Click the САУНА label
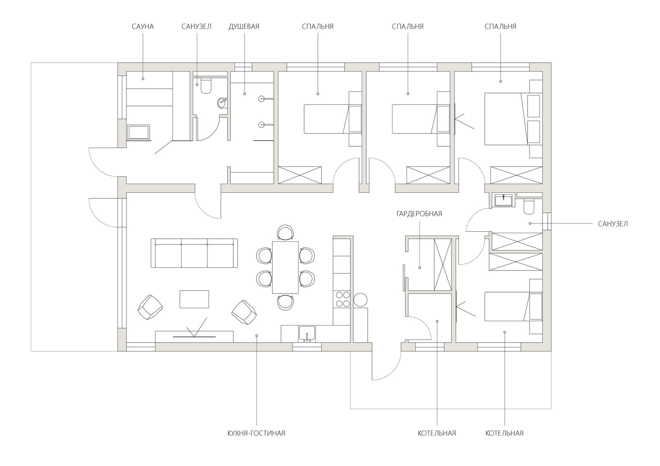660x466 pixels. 143,26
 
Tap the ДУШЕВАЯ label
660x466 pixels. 244,26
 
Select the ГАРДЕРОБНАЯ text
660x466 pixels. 419,214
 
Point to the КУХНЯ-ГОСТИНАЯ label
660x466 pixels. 256,433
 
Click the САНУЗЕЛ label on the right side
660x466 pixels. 613,224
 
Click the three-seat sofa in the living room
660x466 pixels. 194,253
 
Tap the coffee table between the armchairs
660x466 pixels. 194,299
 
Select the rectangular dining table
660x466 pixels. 285,267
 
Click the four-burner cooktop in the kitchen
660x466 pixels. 343,299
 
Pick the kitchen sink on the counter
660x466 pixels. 307,334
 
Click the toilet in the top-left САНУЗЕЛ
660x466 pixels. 206,86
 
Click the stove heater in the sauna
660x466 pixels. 138,132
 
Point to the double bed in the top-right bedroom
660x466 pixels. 513,119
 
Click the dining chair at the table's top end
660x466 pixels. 285,232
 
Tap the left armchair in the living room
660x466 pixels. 150,307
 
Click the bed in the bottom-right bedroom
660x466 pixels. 513,307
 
